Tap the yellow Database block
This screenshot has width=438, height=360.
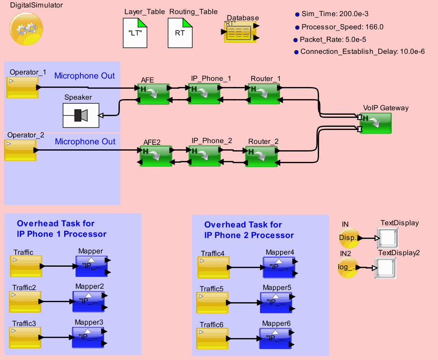coord(240,32)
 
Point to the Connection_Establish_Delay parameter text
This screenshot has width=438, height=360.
coord(362,52)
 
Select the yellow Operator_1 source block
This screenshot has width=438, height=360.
coord(22,87)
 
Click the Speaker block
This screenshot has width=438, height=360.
coord(81,115)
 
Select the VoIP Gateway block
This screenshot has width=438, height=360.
coord(376,123)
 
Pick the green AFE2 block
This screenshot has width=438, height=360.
coord(156,156)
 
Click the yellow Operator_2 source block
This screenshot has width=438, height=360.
coord(20,150)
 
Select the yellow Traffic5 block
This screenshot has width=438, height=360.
coord(213,303)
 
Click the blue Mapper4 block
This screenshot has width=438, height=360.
coord(279,267)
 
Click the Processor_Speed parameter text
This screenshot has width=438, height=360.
coord(342,27)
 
